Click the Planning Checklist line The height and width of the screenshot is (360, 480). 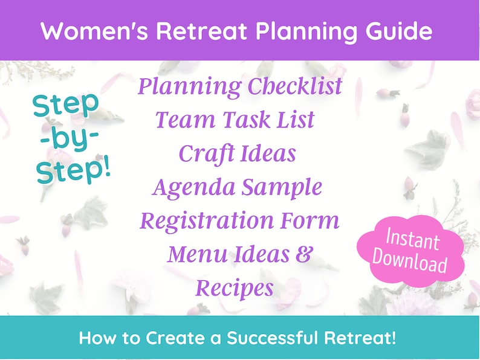[239, 87]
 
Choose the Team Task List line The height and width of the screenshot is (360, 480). [235, 120]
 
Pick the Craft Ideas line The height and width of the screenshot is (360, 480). [237, 153]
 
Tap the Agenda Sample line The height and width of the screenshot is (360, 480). [236, 187]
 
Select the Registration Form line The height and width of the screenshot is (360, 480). [239, 220]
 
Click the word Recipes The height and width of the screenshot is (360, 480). [234, 288]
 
